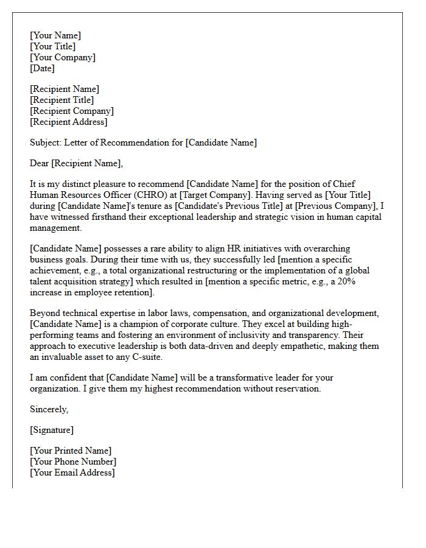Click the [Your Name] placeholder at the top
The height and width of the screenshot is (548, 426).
(55, 35)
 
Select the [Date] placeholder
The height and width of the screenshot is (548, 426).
(43, 68)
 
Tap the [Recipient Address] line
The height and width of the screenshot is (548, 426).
(69, 122)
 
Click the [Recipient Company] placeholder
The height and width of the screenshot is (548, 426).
(72, 111)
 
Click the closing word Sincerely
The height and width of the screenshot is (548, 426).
(49, 409)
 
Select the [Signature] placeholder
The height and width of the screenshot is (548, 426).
(52, 430)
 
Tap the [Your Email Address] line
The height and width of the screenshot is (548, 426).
(72, 472)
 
